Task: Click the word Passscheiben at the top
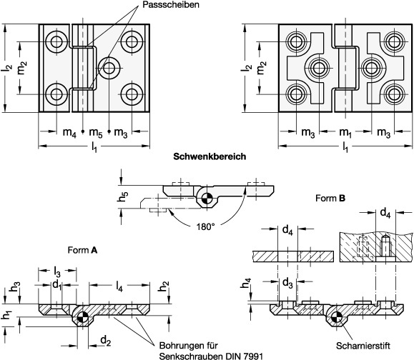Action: [x=171, y=4]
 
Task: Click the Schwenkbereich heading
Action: [x=210, y=156]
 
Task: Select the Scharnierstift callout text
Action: [x=363, y=346]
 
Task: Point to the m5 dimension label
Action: [x=96, y=132]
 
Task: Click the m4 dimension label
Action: [x=69, y=132]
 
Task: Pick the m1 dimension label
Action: [x=345, y=132]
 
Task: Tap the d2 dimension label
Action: [x=106, y=341]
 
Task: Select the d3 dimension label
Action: [x=287, y=283]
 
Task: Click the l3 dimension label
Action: [x=57, y=271]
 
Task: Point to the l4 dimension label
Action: [x=119, y=286]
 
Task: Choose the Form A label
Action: [x=82, y=250]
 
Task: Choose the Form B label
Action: [x=330, y=198]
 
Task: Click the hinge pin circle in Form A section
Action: [x=83, y=316]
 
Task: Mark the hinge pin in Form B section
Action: [x=336, y=316]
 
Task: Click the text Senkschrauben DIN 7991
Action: [x=211, y=356]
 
